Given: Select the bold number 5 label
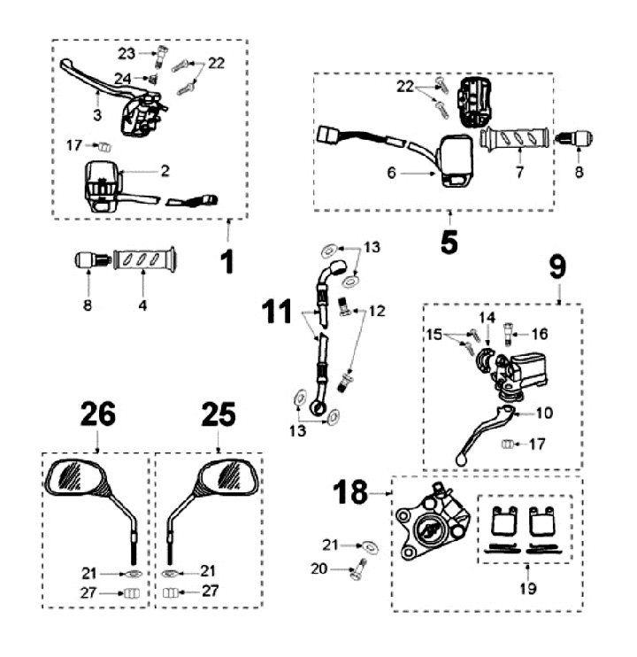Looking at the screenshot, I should tap(449, 241).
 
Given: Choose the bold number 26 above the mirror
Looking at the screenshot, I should tap(97, 414).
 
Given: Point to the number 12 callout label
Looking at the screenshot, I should tap(378, 311).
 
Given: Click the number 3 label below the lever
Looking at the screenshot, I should tap(97, 115).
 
